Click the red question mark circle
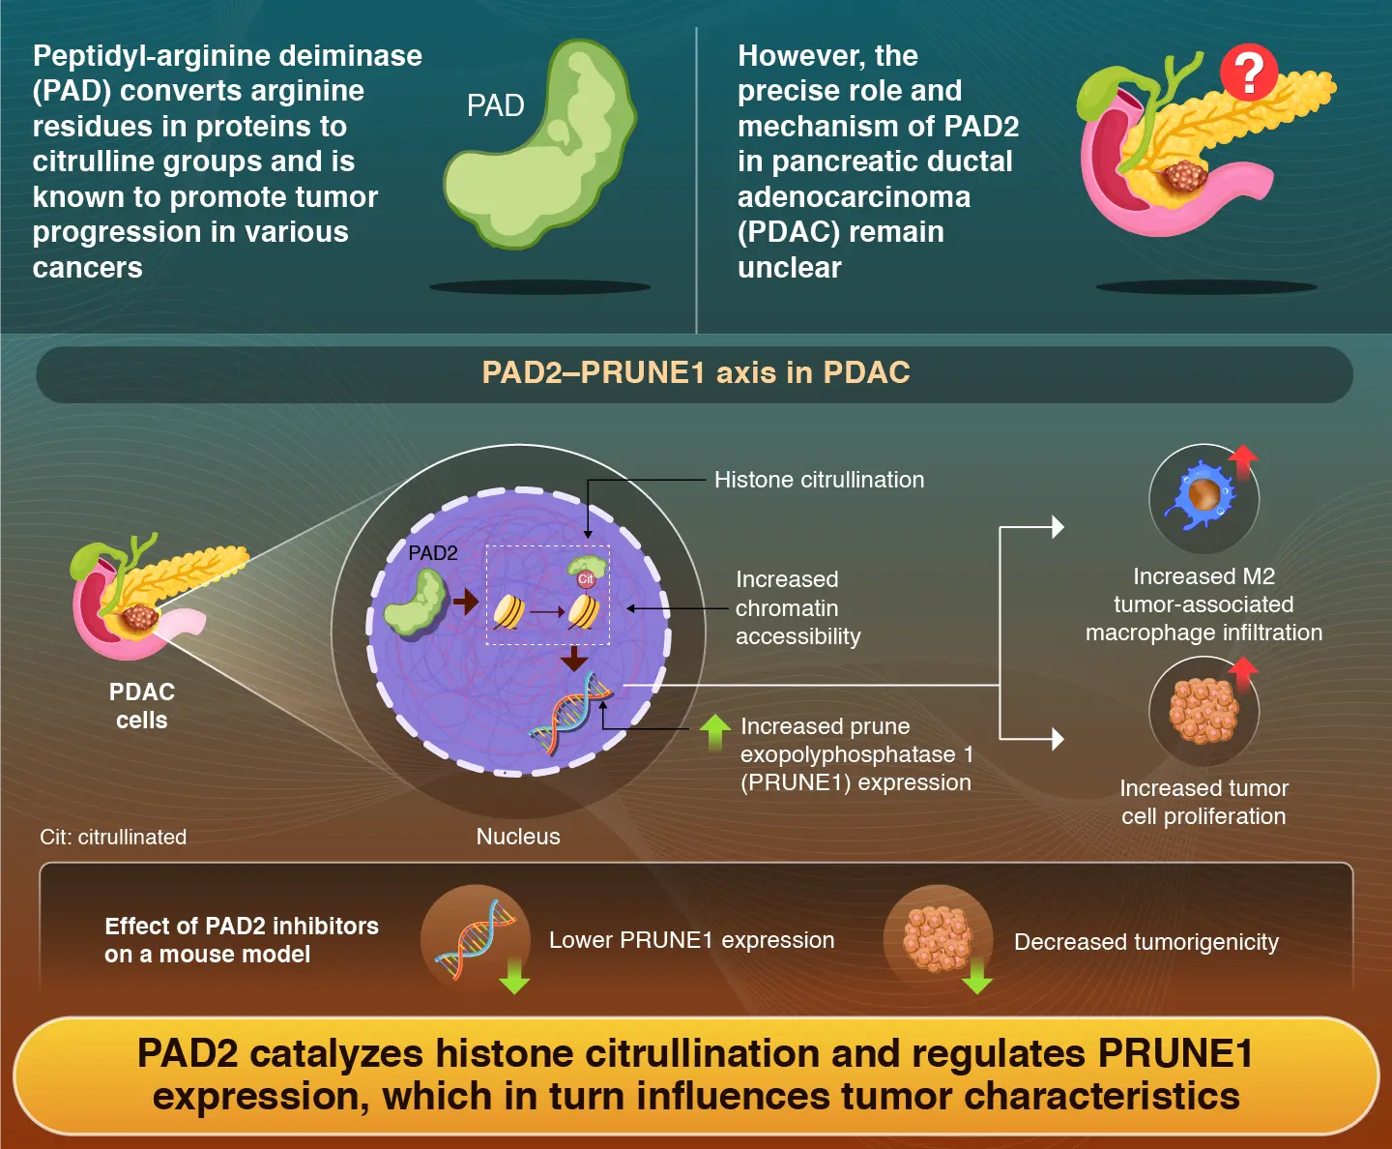point(1248,72)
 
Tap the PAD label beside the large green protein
point(495,105)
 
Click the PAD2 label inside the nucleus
point(432,553)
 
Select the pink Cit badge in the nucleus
point(586,579)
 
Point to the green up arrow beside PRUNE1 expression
point(714,732)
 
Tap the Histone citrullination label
point(819,480)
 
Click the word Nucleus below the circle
point(518,837)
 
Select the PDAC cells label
point(141,706)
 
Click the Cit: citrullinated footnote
point(113,838)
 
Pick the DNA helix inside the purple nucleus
point(571,715)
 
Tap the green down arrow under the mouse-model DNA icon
point(514,976)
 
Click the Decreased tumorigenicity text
point(1145,942)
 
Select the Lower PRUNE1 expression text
point(691,940)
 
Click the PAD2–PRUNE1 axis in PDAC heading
point(696,373)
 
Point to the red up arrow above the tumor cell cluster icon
point(1242,671)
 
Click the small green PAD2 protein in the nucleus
point(416,602)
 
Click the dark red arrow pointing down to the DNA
point(574,659)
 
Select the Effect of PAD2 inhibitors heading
point(242,940)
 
